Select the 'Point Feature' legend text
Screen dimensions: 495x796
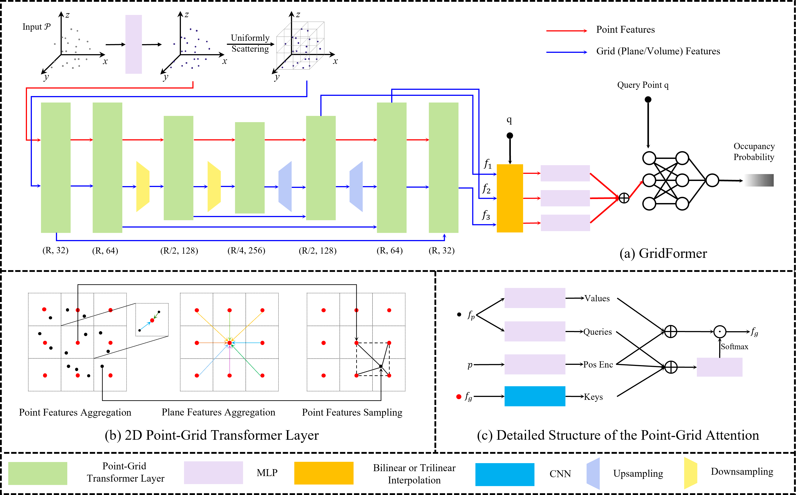624,29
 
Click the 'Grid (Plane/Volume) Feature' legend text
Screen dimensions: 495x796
653,51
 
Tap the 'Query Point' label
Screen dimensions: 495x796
640,85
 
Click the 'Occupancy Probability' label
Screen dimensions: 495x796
752,152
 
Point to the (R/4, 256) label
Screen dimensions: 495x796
245,251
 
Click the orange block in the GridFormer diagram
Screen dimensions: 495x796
510,198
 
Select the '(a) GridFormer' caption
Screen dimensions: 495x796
663,253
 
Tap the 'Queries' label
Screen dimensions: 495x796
599,332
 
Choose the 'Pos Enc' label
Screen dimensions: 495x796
599,364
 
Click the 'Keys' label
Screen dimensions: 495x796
600,396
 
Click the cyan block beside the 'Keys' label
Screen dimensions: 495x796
535,396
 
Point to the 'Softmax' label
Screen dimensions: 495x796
733,346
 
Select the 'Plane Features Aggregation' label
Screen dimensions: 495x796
213,412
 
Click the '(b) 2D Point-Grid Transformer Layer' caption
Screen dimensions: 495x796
212,435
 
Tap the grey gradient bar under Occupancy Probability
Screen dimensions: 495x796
758,180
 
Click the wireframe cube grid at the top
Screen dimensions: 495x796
300,46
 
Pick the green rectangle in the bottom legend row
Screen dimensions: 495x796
38,473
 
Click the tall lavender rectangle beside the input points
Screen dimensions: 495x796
133,44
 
